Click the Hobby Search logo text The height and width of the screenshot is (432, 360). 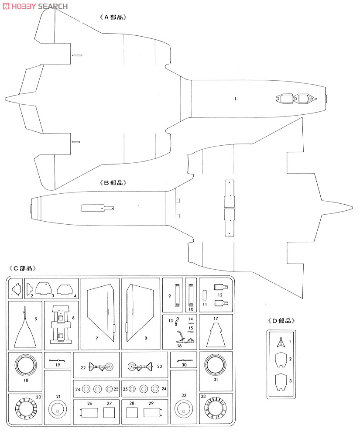[x=35, y=6]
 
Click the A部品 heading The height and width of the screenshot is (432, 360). [x=113, y=17]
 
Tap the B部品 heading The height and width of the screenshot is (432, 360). [x=113, y=183]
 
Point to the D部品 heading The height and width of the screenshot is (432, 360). [x=281, y=321]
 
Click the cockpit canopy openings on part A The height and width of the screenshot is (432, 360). [x=296, y=98]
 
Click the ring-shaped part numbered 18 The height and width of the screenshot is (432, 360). [x=26, y=365]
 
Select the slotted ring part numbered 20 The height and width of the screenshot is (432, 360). [x=26, y=408]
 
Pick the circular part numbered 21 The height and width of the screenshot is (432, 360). [x=57, y=409]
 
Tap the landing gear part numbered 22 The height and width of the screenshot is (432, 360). [x=101, y=367]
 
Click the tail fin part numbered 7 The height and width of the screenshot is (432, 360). [x=101, y=313]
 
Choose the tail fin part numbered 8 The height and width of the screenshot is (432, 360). [x=140, y=313]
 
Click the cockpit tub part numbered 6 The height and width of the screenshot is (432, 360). [x=61, y=325]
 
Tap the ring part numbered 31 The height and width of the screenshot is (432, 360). [x=216, y=365]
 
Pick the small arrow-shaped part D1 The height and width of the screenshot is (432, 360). [x=281, y=342]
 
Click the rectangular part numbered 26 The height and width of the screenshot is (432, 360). [x=89, y=412]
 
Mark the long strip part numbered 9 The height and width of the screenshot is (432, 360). [x=178, y=295]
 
